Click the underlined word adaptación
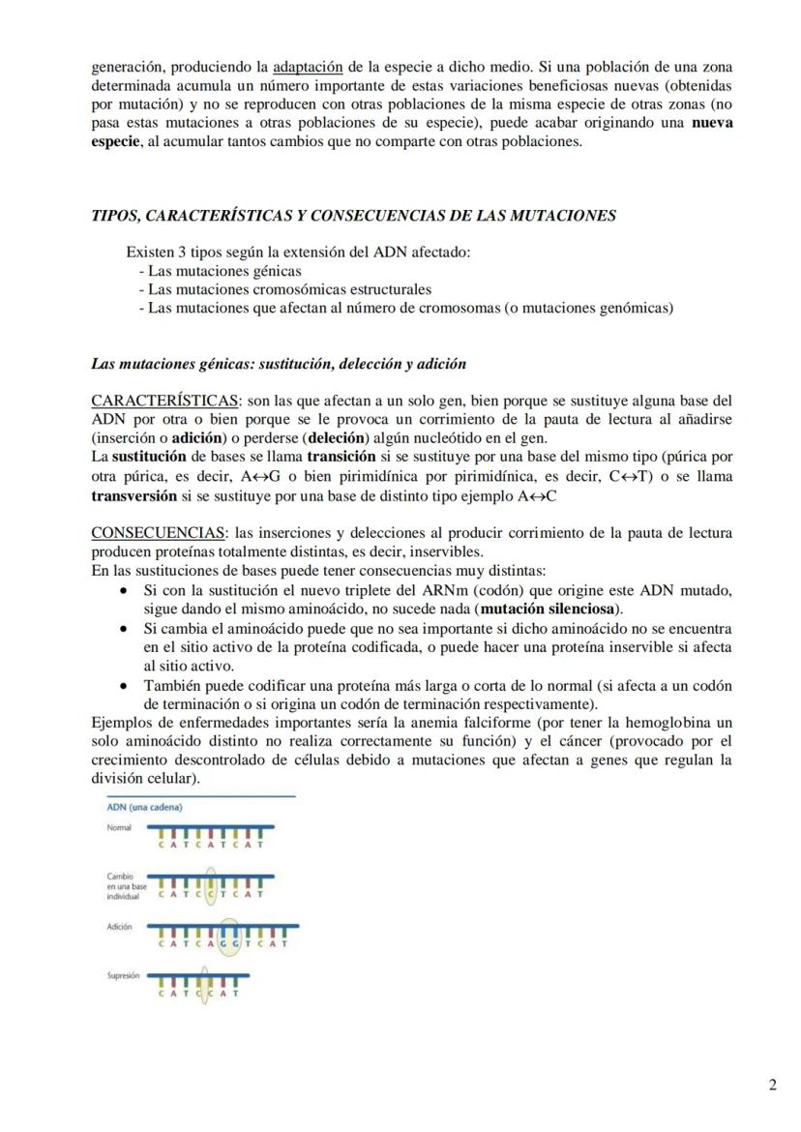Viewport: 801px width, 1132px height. pos(308,68)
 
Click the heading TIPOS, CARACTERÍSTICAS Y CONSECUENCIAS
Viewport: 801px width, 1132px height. pos(353,216)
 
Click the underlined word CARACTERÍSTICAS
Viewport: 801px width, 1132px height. pos(165,401)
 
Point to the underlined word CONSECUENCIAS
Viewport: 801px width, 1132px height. pos(159,533)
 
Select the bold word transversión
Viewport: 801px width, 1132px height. pos(134,495)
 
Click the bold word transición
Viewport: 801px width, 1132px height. pos(341,456)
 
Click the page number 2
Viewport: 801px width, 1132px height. pos(772,1085)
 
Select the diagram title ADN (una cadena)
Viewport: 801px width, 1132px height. pos(145,807)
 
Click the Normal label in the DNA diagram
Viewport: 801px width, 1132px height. pos(119,828)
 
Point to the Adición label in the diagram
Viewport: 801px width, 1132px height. pos(119,927)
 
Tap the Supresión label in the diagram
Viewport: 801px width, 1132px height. pos(124,976)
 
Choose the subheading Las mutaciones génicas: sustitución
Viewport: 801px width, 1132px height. pos(279,365)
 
